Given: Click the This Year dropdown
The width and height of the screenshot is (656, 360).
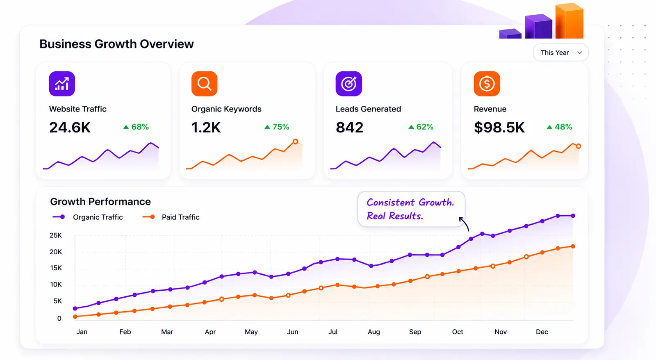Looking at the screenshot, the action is [560, 53].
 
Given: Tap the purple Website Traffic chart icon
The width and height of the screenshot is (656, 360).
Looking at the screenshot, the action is [62, 84].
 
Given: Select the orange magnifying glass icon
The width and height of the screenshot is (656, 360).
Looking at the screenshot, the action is [205, 84].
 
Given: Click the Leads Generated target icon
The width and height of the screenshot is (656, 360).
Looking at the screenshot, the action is [348, 84].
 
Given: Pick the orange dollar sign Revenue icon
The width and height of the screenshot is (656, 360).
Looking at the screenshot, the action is [487, 84].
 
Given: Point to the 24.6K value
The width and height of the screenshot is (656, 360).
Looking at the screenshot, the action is [70, 128].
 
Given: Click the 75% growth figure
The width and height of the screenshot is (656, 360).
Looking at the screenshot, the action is [277, 127].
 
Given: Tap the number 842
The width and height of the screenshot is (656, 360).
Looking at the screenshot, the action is [349, 128].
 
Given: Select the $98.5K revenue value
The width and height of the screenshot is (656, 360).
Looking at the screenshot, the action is [499, 128].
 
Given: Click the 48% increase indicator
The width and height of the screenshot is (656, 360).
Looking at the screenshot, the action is [559, 127].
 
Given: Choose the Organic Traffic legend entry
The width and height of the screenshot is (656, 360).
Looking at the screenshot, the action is [88, 217].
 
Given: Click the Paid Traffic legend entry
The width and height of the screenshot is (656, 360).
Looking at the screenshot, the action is [171, 217].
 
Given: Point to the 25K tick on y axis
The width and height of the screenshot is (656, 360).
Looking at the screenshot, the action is [56, 235].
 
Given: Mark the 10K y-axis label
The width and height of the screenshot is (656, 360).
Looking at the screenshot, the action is [56, 285].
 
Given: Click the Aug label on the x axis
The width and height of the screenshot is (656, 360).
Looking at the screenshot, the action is [374, 332].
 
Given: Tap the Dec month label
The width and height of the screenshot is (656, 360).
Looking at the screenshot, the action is [542, 332].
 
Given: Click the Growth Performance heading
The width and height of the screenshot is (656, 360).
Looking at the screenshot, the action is [100, 202].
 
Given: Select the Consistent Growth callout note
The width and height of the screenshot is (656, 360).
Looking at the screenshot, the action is [411, 209].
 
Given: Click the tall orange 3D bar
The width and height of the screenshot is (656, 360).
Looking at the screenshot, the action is [569, 21].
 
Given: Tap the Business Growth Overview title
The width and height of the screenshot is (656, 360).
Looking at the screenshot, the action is [116, 44].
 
